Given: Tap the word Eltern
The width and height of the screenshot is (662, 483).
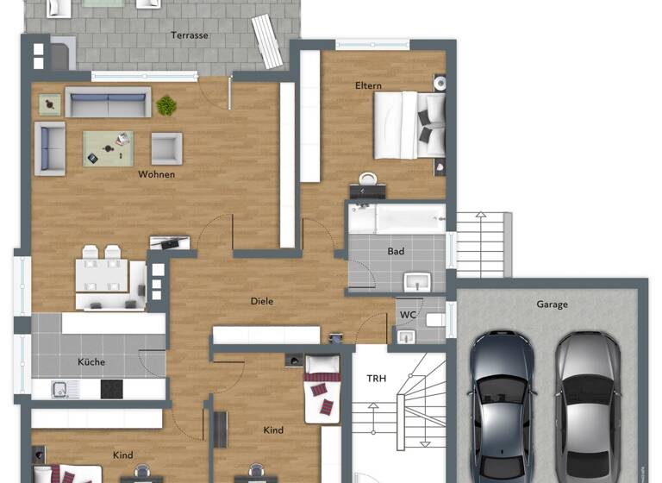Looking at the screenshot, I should click(368, 86).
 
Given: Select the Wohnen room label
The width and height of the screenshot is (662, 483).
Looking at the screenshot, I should click(156, 174).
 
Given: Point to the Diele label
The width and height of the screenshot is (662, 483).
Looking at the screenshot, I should click(262, 301).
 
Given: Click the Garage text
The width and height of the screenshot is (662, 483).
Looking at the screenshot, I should click(552, 304).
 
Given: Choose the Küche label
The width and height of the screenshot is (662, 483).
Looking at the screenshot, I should click(91, 362).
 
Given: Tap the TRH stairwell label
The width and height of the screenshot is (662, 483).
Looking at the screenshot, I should click(377, 379).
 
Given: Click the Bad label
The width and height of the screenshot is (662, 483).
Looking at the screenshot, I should click(396, 252).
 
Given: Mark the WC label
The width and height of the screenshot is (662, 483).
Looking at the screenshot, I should click(408, 315).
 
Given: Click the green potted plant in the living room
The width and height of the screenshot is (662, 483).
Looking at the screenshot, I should click(166, 106).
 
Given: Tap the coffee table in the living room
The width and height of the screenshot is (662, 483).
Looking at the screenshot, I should click(109, 148).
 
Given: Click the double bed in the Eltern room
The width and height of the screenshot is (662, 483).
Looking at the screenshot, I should click(409, 125).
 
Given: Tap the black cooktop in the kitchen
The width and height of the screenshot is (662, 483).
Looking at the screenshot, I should click(112, 389).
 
